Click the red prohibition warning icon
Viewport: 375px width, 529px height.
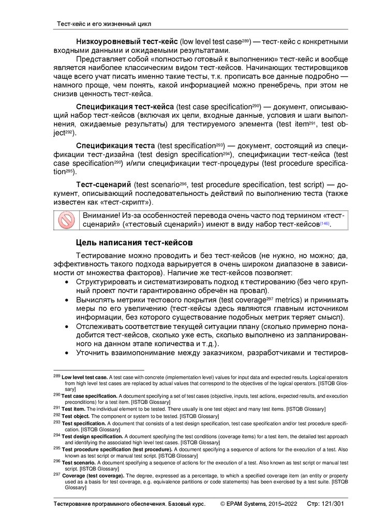point(66,220)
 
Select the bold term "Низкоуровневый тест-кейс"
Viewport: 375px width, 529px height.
point(127,41)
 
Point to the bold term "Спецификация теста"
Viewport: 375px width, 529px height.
point(115,146)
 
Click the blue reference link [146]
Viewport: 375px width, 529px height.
point(324,224)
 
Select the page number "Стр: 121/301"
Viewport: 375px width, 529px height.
point(325,504)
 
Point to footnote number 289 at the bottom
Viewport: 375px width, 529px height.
point(57,377)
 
